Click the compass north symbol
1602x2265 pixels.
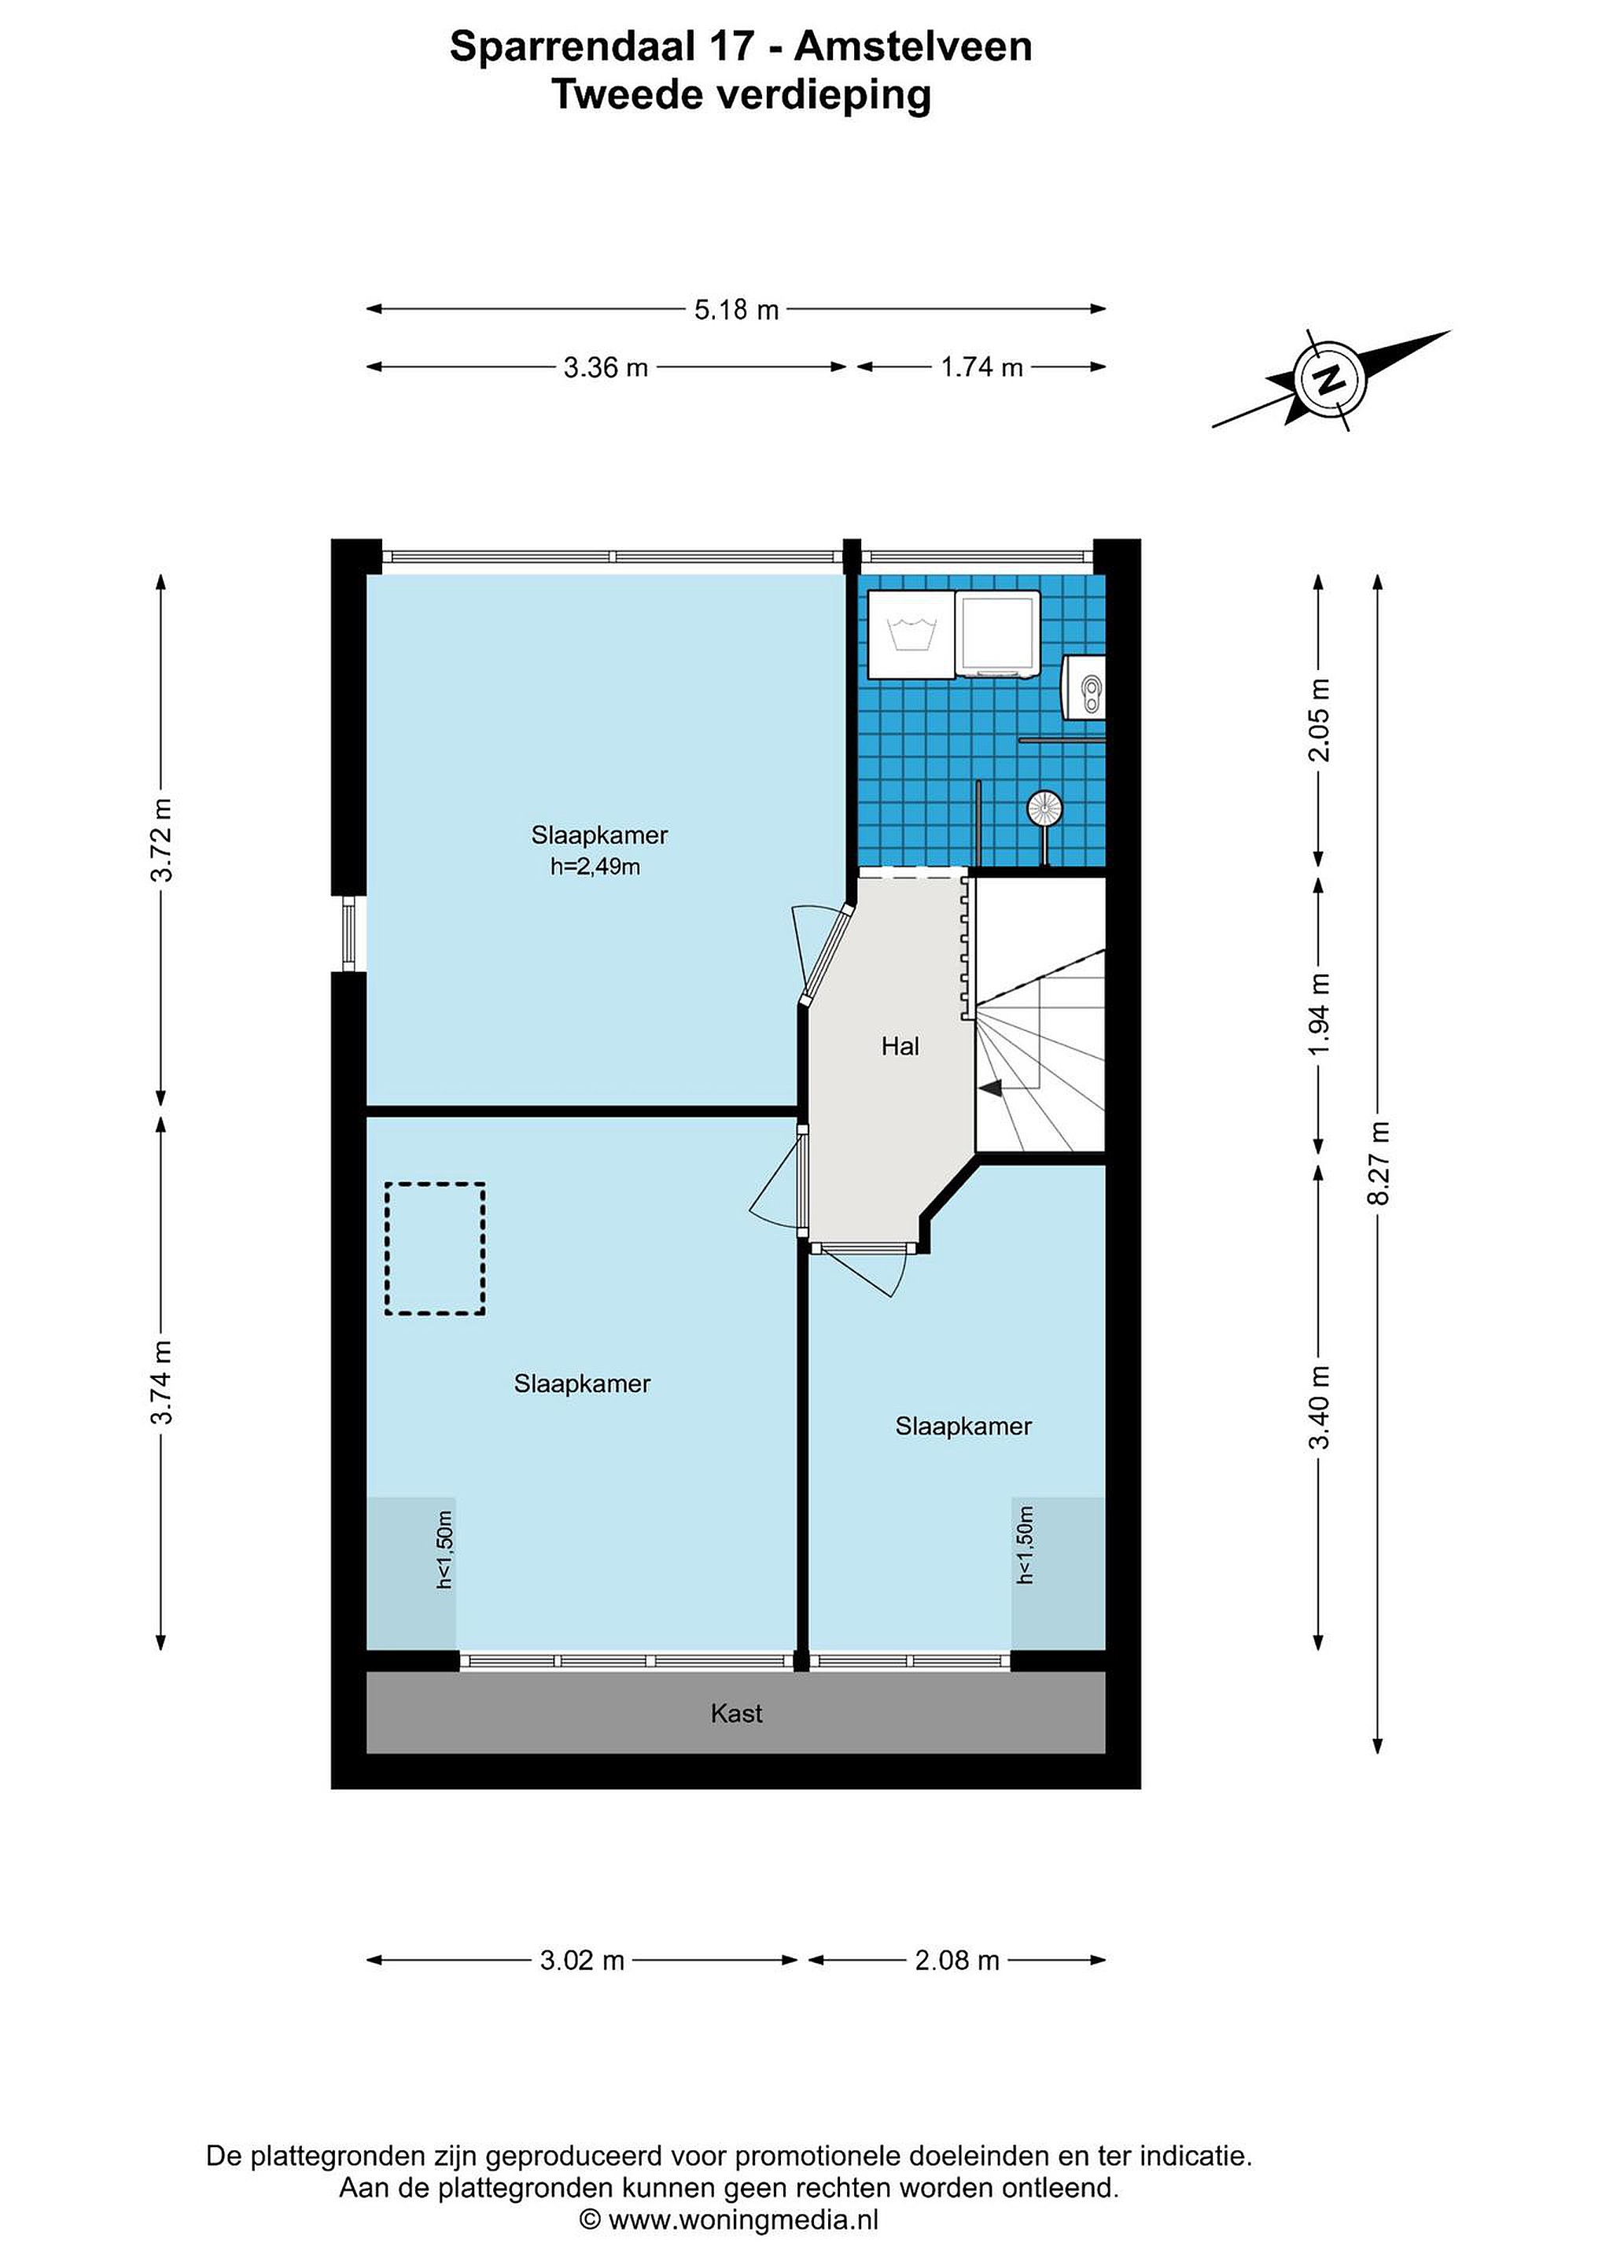click(1331, 379)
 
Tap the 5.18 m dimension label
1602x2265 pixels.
click(736, 310)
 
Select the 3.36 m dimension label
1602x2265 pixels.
click(606, 367)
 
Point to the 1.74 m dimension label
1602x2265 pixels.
click(981, 367)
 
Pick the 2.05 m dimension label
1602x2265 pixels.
click(1320, 720)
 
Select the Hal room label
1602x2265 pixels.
click(900, 1046)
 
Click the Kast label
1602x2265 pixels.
click(736, 1714)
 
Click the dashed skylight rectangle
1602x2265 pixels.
click(434, 1248)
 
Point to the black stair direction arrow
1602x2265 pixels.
click(989, 1088)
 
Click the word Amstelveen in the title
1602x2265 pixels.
click(913, 46)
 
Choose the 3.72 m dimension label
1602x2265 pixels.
click(160, 839)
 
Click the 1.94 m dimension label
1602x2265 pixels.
click(1320, 1013)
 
